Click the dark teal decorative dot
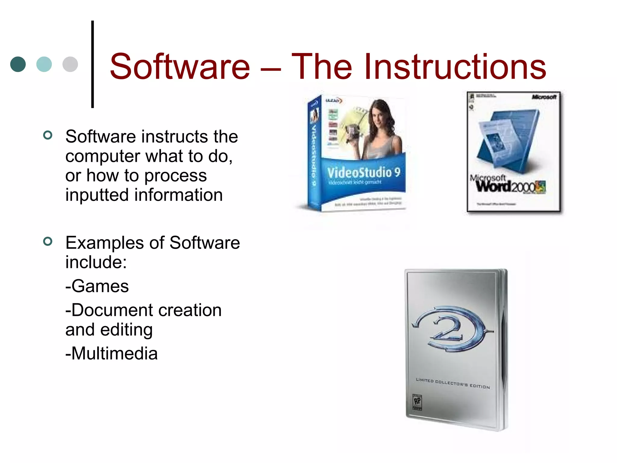point(18,64)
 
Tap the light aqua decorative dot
point(44,64)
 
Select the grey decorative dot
point(70,64)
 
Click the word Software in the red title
point(180,67)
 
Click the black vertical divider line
point(92,64)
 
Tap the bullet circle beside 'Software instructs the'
point(48,135)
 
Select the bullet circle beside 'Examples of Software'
point(48,241)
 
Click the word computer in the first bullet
point(103,156)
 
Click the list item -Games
point(97,286)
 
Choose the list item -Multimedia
point(111,354)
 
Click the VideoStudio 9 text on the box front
point(364,173)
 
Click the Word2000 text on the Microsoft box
point(506,186)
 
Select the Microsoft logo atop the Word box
point(544,97)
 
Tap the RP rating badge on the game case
point(417,402)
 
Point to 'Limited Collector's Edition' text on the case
point(453,383)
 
